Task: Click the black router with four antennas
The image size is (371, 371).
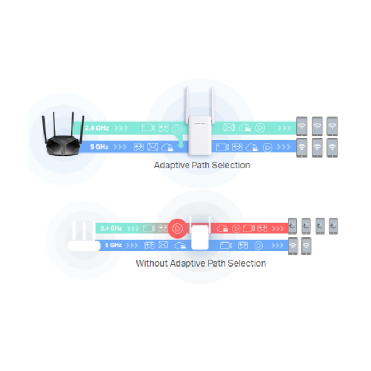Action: click(x=63, y=138)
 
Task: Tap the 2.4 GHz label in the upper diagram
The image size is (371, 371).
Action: click(x=97, y=128)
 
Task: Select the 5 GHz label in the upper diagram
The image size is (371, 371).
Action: click(x=99, y=147)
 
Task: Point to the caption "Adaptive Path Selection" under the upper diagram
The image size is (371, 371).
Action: click(x=202, y=165)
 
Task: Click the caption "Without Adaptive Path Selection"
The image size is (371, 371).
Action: click(x=201, y=263)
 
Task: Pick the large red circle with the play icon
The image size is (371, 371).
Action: click(x=178, y=228)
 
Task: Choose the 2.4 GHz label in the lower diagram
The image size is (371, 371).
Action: click(x=111, y=228)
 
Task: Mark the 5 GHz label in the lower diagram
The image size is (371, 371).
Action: click(x=113, y=245)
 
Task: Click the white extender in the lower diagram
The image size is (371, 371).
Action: click(x=200, y=236)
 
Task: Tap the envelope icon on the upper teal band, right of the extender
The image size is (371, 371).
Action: click(x=229, y=128)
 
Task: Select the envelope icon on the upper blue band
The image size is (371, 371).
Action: click(x=152, y=147)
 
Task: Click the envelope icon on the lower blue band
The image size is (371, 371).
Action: click(x=163, y=245)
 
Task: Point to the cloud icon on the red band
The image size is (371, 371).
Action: click(x=223, y=229)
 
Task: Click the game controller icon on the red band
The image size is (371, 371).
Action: click(x=262, y=228)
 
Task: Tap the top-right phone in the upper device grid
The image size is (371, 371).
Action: click(x=332, y=126)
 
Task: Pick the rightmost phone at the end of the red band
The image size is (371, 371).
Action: click(x=334, y=226)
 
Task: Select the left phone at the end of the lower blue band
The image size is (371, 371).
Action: click(x=292, y=246)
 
